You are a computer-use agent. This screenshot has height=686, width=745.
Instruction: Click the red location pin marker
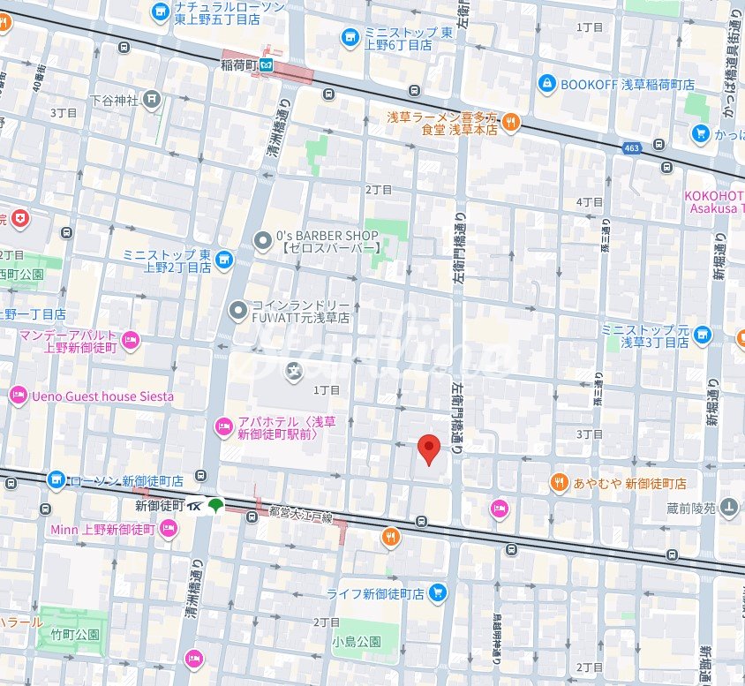[428, 449]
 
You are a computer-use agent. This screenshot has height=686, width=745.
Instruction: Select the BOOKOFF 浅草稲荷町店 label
[627, 85]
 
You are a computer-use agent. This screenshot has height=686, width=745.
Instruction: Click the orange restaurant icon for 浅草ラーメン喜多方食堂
[511, 123]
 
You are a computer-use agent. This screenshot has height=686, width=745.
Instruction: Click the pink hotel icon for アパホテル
[224, 427]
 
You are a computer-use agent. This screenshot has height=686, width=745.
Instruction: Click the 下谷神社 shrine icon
[154, 100]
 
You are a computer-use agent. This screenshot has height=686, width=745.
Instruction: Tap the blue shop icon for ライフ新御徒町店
[436, 593]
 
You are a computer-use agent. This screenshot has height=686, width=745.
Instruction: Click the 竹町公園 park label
[75, 635]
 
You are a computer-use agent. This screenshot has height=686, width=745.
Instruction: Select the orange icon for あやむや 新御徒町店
[559, 483]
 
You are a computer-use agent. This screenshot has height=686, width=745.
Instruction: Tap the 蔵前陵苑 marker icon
[728, 506]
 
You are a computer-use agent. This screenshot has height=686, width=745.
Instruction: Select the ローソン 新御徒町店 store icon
[57, 480]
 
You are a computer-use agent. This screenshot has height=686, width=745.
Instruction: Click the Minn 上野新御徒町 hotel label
[102, 529]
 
